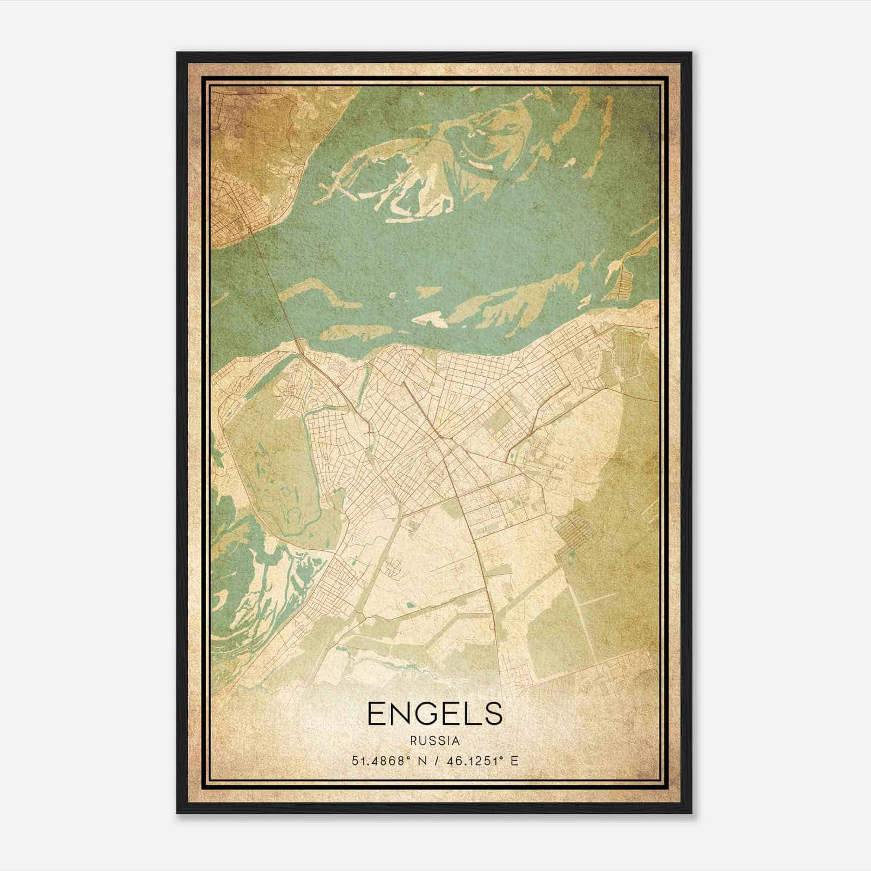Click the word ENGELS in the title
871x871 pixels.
pyautogui.click(x=434, y=713)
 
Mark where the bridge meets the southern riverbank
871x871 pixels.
pyautogui.click(x=299, y=348)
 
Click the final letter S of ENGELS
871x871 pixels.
pyautogui.click(x=493, y=713)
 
